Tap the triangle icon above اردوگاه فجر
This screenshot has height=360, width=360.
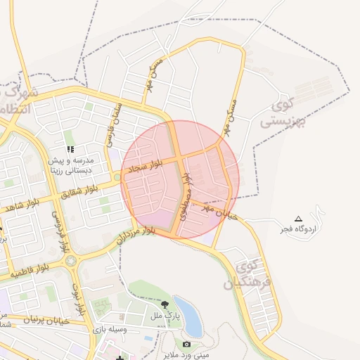(298, 219)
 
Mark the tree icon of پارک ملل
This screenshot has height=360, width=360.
(165, 304)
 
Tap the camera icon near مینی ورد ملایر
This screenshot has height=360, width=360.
(186, 344)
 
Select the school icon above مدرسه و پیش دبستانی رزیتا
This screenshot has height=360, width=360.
(70, 150)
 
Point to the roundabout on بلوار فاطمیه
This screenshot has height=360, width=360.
(72, 261)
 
